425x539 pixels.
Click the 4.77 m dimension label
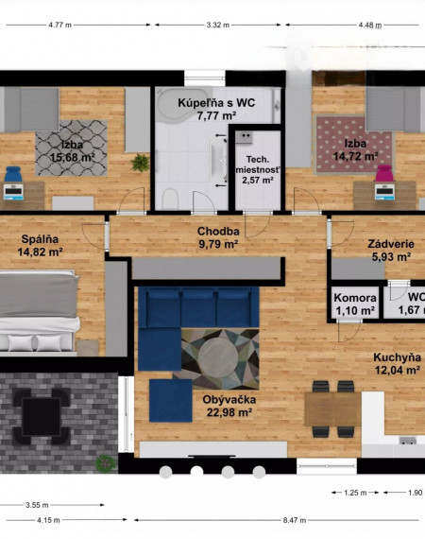pyautogui.click(x=60, y=25)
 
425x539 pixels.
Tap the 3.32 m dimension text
pyautogui.click(x=218, y=25)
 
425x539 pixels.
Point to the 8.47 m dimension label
pyautogui.click(x=295, y=520)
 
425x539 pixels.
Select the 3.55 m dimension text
pyautogui.click(x=37, y=505)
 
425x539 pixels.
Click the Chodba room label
pyautogui.click(x=218, y=232)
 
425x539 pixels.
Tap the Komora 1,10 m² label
pyautogui.click(x=355, y=304)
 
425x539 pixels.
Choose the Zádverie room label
pyautogui.click(x=391, y=244)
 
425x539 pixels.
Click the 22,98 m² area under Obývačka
pyautogui.click(x=229, y=411)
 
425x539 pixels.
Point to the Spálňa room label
pyautogui.click(x=40, y=239)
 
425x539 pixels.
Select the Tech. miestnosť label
pyautogui.click(x=258, y=165)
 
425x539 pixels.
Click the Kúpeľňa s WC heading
pyautogui.click(x=216, y=103)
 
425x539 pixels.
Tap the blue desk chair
pyautogui.click(x=13, y=174)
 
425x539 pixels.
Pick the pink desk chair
pyautogui.click(x=383, y=173)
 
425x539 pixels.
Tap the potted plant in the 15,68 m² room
pyautogui.click(x=141, y=163)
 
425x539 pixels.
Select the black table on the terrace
pyautogui.click(x=42, y=417)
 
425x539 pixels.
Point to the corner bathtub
pyautogui.click(x=183, y=104)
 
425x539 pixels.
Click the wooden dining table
pyautogui.click(x=333, y=409)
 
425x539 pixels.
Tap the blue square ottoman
pyautogui.click(x=171, y=401)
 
